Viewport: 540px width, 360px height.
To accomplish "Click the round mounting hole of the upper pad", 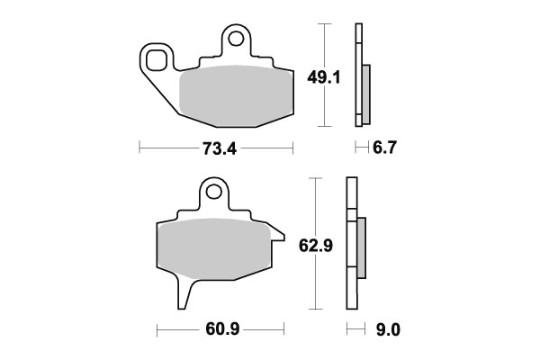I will coord(236,39).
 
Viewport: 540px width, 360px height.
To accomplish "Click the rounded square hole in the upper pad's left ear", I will coord(158,61).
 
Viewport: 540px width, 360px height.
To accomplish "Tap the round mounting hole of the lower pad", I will coord(213,191).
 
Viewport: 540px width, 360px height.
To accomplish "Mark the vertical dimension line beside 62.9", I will coord(313,243).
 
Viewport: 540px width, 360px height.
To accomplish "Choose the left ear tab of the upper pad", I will coord(158,63).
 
